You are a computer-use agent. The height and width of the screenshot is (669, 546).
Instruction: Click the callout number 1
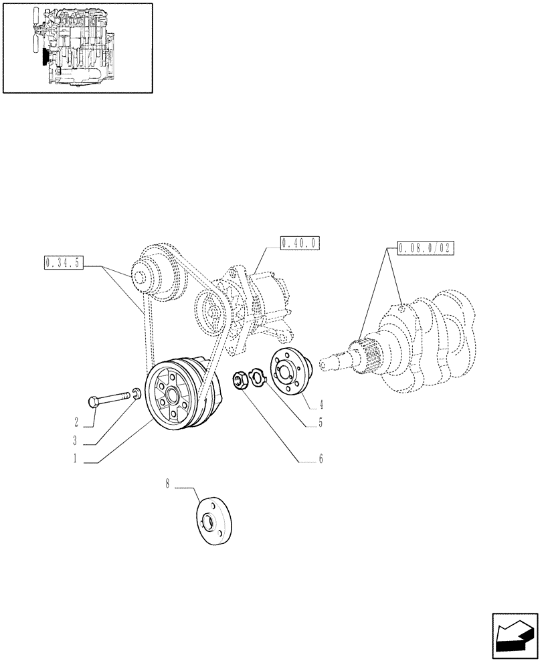coord(76,460)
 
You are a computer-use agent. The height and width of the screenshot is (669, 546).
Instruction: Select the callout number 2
coord(76,422)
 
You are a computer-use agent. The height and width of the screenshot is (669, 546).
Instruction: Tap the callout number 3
coord(76,442)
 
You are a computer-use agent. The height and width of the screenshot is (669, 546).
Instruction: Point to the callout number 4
coord(321,404)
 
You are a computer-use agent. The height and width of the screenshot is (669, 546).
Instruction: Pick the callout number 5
coord(321,423)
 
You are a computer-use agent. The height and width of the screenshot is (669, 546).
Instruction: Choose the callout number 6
coord(321,460)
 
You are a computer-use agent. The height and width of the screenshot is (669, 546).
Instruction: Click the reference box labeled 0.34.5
coord(64,262)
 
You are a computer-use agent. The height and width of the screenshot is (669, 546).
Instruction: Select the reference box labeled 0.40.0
coord(300,242)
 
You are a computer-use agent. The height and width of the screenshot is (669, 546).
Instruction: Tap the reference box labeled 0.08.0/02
coord(425,248)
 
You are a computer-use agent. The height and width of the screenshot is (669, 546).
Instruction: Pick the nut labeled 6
coord(239,382)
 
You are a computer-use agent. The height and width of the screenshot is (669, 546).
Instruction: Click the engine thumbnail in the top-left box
coord(78,47)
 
